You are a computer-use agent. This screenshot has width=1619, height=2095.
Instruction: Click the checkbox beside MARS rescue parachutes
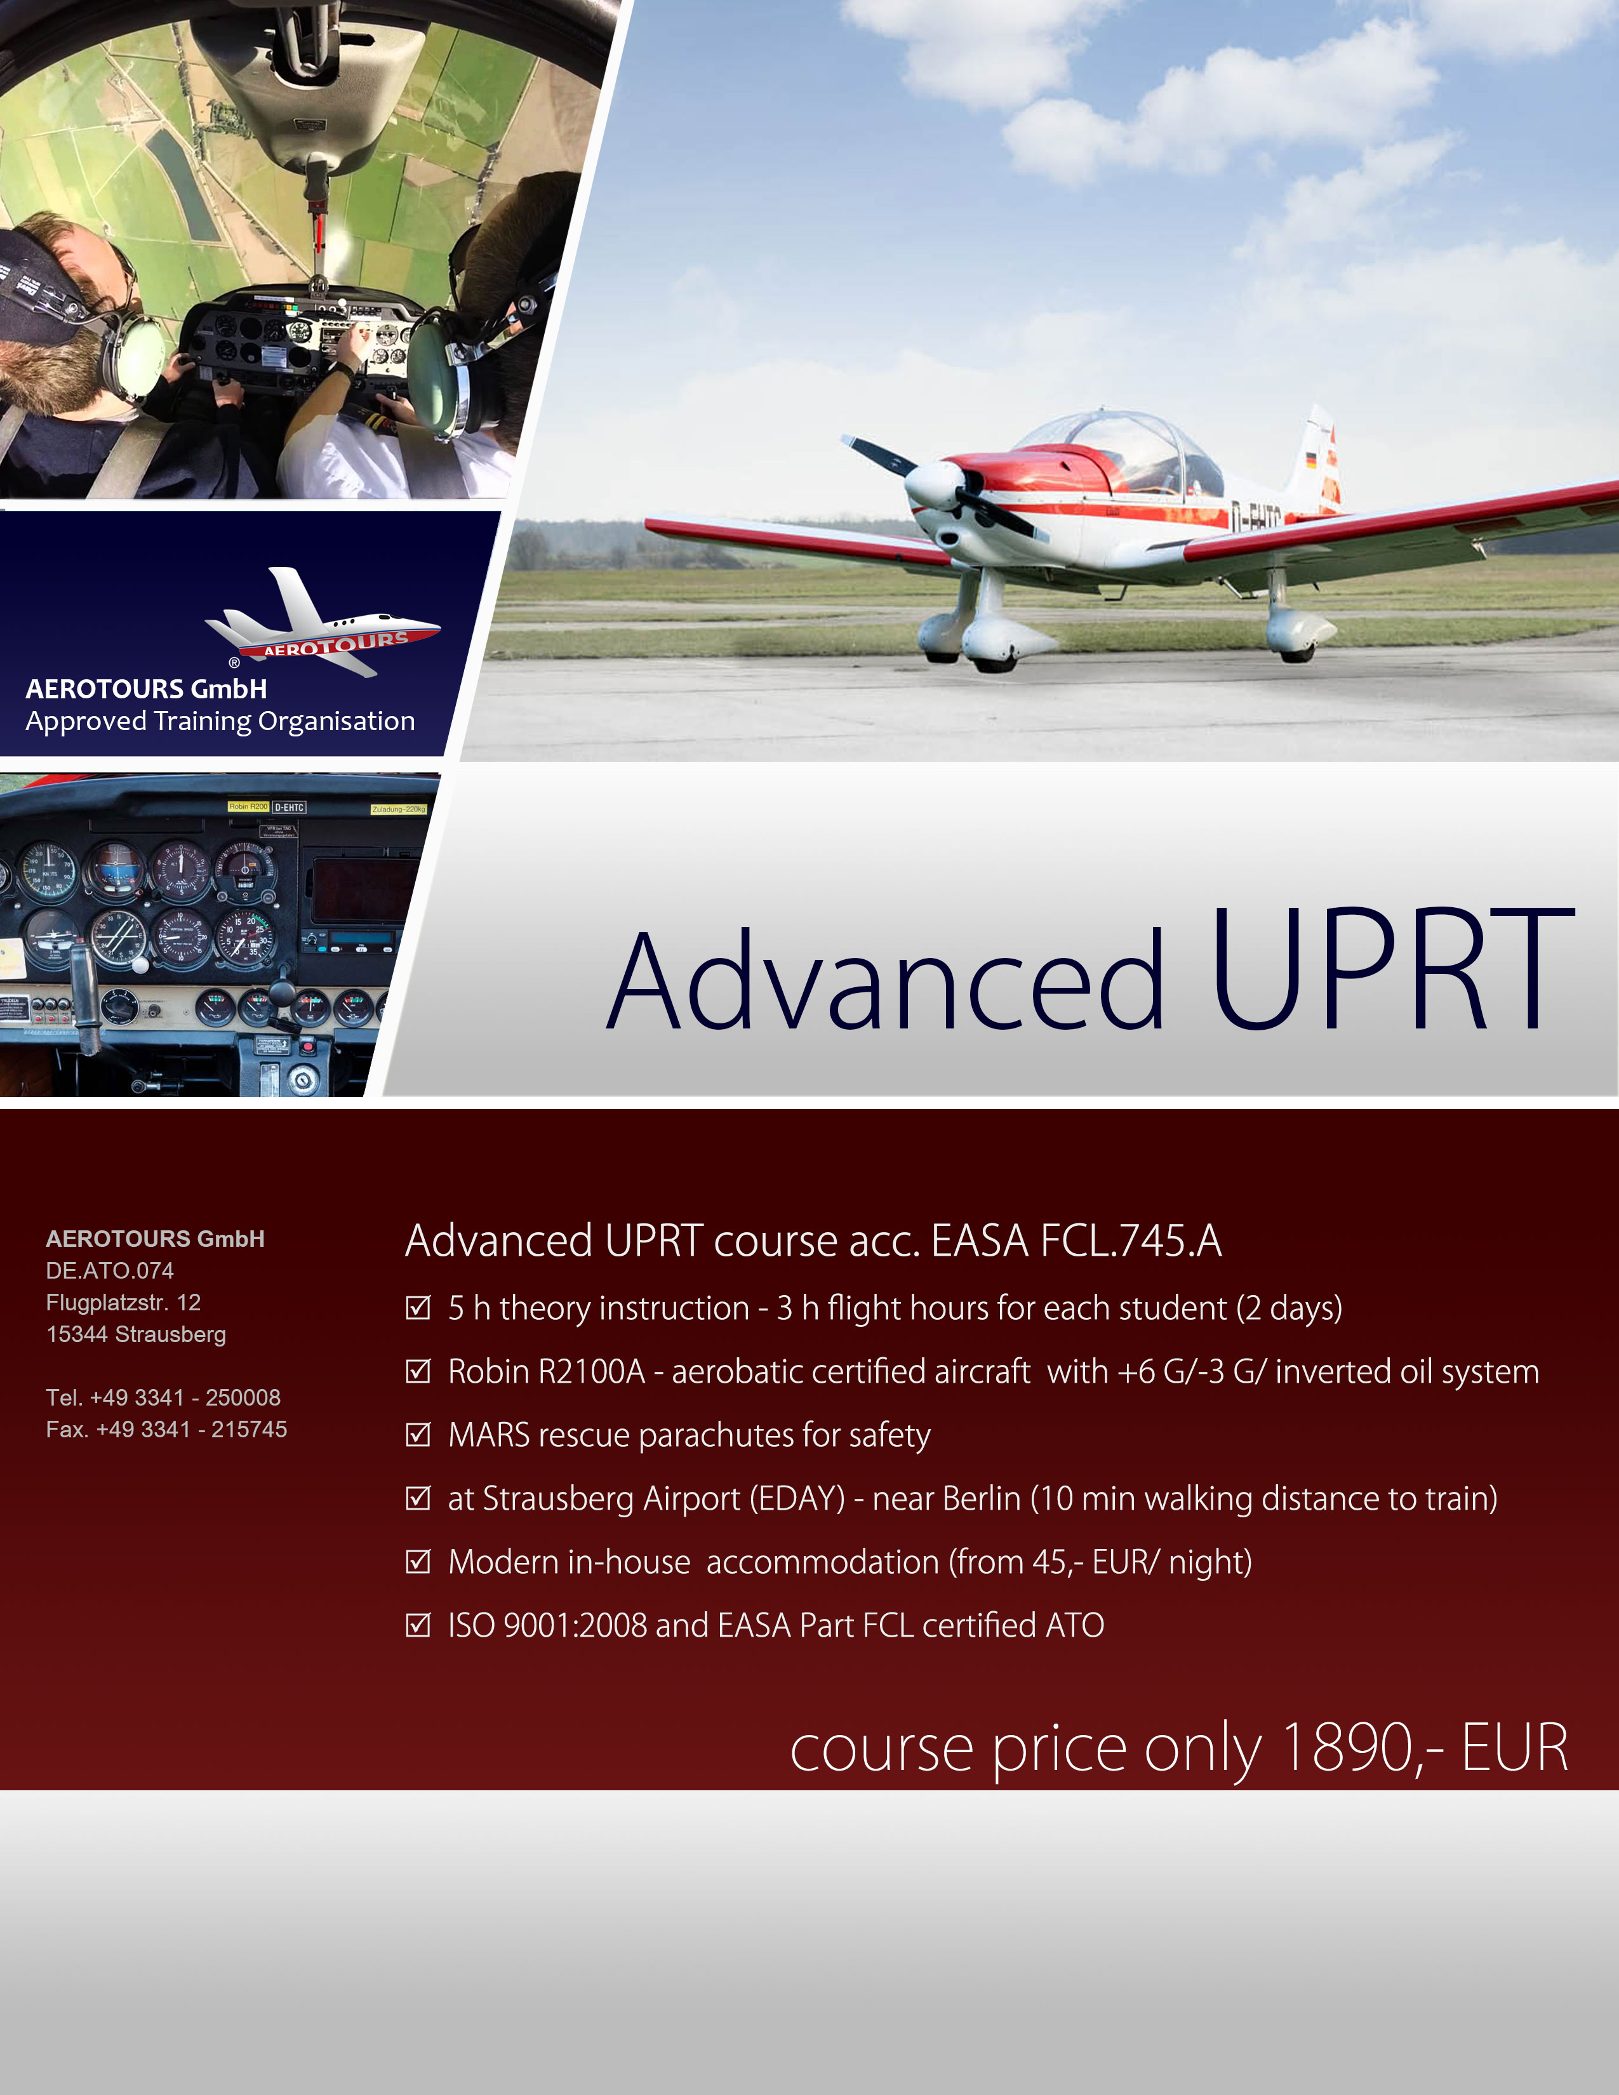coord(418,1435)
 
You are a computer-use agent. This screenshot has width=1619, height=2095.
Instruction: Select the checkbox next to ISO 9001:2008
coord(418,1625)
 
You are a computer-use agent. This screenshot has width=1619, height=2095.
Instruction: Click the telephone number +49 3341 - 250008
coord(185,1398)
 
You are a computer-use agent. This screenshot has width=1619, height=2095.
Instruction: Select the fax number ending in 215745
coord(192,1429)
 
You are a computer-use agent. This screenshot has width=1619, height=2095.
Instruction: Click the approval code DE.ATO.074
coord(110,1270)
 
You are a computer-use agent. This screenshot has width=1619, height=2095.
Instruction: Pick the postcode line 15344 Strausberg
coord(137,1334)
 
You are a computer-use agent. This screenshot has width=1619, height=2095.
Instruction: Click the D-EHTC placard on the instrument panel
coord(289,808)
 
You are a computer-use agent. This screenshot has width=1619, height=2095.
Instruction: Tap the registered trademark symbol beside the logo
coord(234,662)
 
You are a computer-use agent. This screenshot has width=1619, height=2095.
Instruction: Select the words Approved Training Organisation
coord(220,721)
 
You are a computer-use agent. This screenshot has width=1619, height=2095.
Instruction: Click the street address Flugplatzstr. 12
coord(124,1303)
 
